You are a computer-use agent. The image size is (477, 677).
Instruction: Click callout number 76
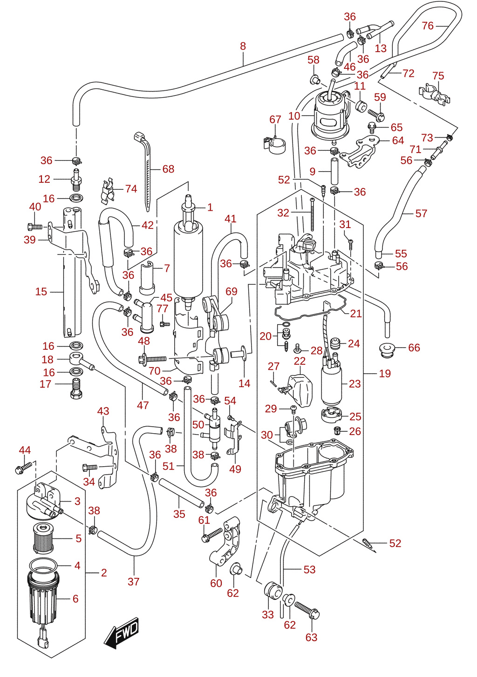(x=428, y=26)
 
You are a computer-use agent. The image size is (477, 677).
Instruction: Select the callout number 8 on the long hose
(x=243, y=46)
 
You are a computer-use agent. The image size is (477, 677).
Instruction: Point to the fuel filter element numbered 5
(x=43, y=538)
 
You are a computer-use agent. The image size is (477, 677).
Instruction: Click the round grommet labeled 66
(x=388, y=350)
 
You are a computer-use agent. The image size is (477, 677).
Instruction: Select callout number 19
(x=385, y=374)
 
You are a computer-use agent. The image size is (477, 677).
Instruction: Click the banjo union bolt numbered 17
(x=76, y=388)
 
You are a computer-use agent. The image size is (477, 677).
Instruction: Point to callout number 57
(x=421, y=214)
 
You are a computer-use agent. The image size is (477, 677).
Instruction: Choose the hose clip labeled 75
(x=435, y=95)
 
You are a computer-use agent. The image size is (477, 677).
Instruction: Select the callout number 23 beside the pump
(x=355, y=384)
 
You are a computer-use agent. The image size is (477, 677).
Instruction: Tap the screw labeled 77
(x=164, y=324)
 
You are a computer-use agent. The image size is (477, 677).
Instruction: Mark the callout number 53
(x=309, y=570)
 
